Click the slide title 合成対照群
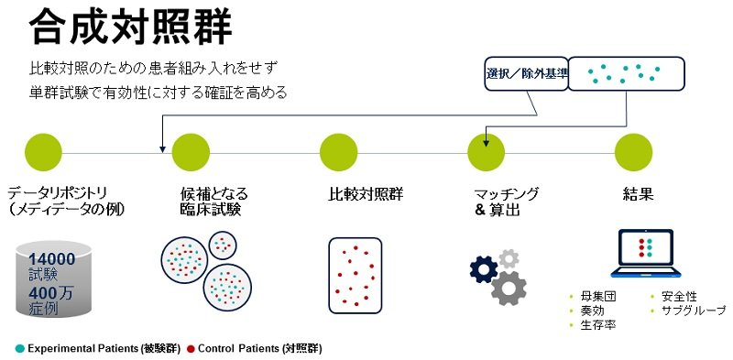(x=130, y=27)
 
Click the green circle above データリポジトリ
(x=43, y=152)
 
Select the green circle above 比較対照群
(x=338, y=152)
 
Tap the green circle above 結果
(x=633, y=152)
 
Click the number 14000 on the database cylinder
(x=52, y=259)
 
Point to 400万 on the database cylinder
(x=50, y=294)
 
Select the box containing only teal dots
(x=626, y=73)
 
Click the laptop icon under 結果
(x=646, y=254)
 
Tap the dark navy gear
(x=484, y=269)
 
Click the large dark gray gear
(x=509, y=288)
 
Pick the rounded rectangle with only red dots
(x=356, y=276)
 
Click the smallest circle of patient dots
(x=223, y=245)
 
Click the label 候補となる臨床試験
(x=213, y=202)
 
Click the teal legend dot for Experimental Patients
(x=19, y=349)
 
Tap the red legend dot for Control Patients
(x=191, y=349)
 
